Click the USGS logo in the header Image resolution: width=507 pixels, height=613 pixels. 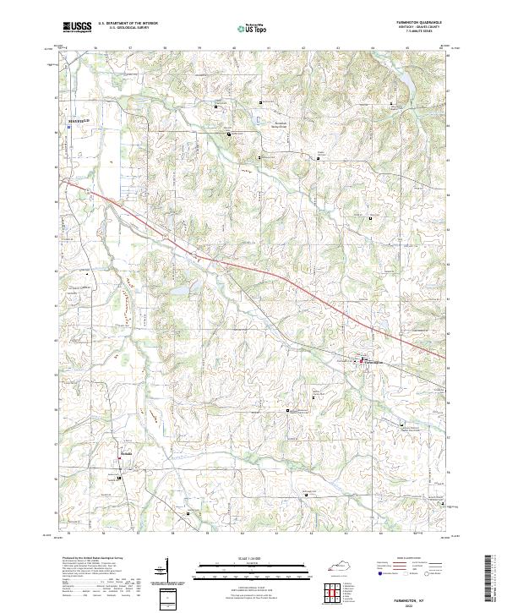tap(77, 28)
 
